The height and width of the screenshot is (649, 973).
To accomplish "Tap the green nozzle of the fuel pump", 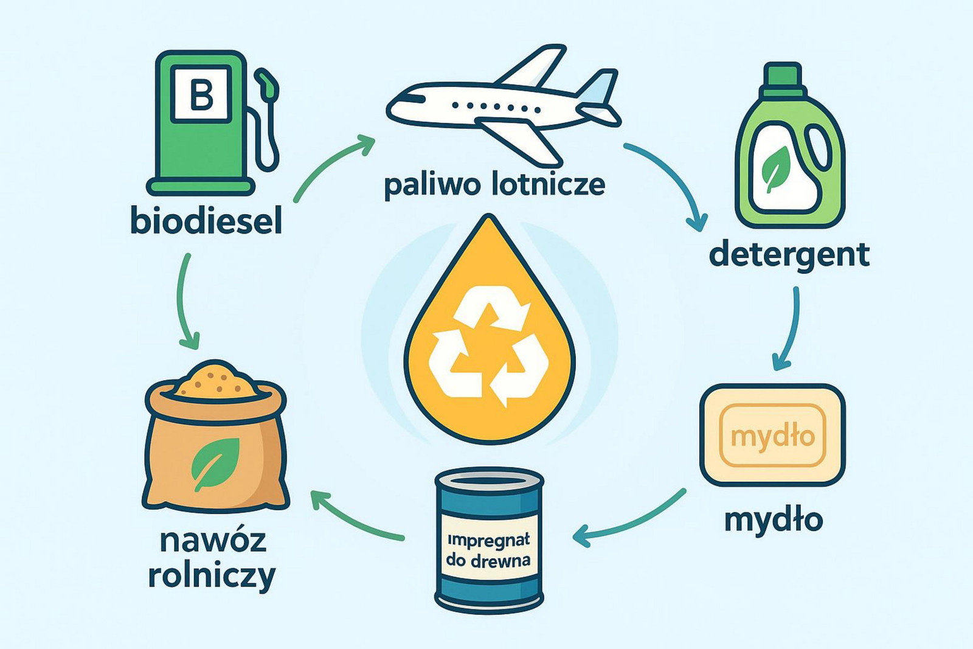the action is click(267, 83).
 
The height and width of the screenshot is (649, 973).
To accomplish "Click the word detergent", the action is click(789, 255).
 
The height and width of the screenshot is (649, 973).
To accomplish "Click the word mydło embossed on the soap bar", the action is click(773, 437).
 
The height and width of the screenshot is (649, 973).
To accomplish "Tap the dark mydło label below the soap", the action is click(774, 520).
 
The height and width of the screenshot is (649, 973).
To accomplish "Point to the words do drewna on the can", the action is click(489, 560).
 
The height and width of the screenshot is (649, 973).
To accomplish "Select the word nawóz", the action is click(213, 541).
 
